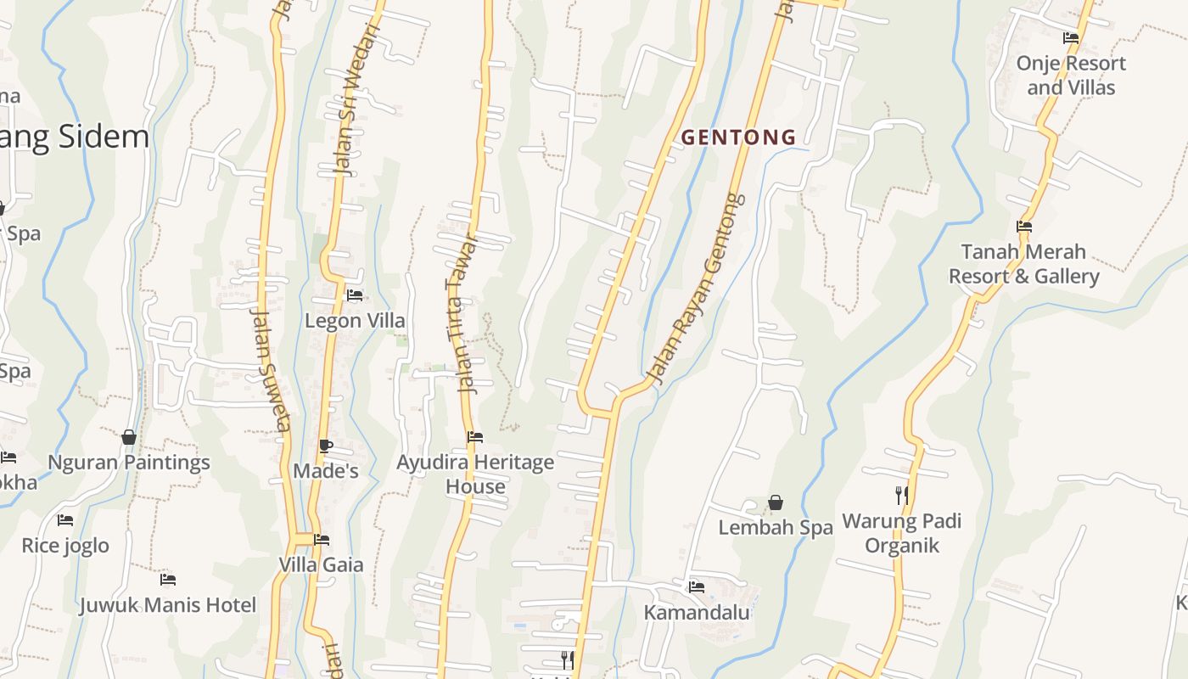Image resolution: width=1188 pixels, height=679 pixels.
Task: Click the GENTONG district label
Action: click(x=738, y=137)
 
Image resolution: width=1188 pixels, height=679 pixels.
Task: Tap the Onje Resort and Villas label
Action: click(x=1071, y=75)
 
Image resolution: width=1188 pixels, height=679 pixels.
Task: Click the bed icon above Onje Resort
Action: click(x=1071, y=38)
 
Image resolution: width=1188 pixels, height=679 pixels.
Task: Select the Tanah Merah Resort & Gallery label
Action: click(x=1023, y=264)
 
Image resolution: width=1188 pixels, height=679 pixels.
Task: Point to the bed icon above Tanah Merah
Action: click(x=1024, y=227)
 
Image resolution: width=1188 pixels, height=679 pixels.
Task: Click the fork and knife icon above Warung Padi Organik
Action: click(x=901, y=494)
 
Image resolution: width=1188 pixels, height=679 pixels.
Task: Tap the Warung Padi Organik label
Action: click(x=901, y=533)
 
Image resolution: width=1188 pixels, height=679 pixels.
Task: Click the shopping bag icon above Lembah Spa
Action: click(x=775, y=503)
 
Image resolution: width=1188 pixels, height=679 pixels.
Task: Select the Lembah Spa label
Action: click(x=776, y=527)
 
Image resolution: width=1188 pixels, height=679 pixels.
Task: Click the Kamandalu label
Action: click(x=697, y=612)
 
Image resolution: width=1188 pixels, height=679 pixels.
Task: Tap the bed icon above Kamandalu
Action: click(x=697, y=586)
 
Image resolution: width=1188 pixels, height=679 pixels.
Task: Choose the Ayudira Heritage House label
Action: click(x=475, y=474)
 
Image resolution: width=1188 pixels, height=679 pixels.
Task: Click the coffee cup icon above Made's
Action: click(x=326, y=446)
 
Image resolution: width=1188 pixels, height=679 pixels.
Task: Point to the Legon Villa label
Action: click(x=355, y=321)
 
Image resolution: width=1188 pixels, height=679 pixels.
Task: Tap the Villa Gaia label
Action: click(x=321, y=564)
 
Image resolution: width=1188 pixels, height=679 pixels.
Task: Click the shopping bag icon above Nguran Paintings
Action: click(x=129, y=437)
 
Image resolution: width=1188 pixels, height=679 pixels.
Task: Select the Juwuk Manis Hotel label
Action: click(x=167, y=605)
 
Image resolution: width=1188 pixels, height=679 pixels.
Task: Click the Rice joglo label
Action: click(x=65, y=545)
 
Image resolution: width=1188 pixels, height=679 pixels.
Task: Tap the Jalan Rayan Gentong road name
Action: click(x=695, y=287)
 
